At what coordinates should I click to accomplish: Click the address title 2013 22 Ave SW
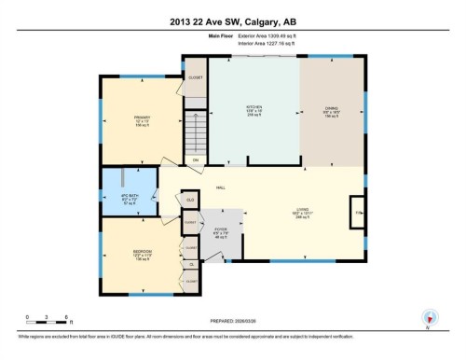tap(233, 21)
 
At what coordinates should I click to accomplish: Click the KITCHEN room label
tap(254, 109)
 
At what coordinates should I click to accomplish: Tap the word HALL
tap(221, 187)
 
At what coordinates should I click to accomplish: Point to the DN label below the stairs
tap(196, 160)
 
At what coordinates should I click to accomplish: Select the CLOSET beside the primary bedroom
tap(195, 77)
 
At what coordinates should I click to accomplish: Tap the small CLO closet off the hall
tap(189, 200)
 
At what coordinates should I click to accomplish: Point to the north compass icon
tap(429, 316)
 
